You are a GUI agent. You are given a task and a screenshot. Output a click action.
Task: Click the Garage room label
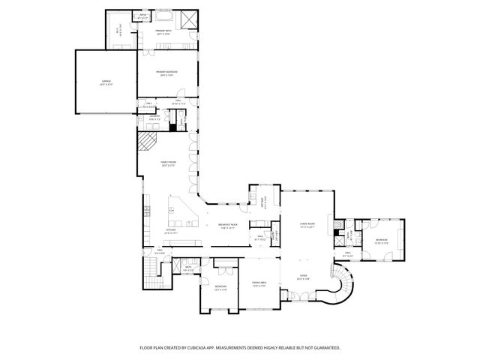[x=105, y=82]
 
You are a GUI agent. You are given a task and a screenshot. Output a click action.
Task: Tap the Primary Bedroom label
[x=166, y=73]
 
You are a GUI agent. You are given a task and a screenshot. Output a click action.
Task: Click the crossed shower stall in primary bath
[x=190, y=18]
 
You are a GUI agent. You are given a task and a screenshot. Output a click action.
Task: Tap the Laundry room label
[x=154, y=117]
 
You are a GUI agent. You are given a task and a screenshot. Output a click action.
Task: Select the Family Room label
[x=166, y=163]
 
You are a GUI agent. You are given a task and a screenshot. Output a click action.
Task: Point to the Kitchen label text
[x=171, y=232]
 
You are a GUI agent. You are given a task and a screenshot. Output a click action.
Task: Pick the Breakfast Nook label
[x=227, y=225]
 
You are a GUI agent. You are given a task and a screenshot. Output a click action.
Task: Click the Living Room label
[x=307, y=224]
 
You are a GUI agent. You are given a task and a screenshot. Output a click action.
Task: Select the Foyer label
[x=304, y=277]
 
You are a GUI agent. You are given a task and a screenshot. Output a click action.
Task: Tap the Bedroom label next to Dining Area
[x=220, y=287]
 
